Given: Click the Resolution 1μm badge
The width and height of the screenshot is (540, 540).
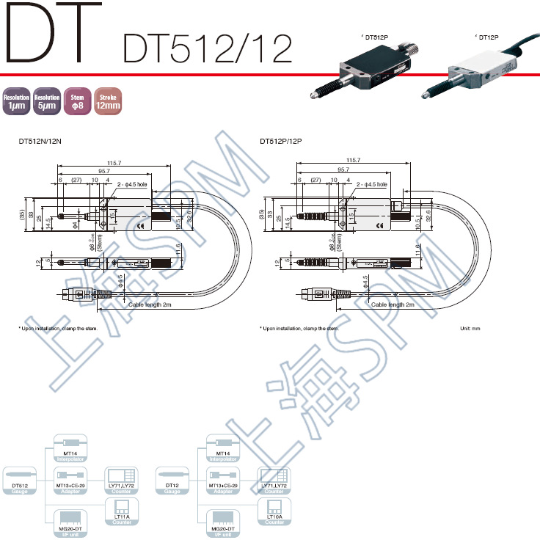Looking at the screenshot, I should click(16, 102).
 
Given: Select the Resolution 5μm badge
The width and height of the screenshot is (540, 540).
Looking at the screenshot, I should click(46, 102).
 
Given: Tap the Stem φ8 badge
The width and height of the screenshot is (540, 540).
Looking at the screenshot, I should click(76, 102).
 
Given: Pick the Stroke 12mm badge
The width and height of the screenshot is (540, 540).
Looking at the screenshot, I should click(107, 102).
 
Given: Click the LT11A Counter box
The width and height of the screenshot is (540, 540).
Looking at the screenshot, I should click(122, 511).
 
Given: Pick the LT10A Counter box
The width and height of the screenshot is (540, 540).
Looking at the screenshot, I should click(274, 511).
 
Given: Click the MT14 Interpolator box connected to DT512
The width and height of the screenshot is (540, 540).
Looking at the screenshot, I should click(71, 449).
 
